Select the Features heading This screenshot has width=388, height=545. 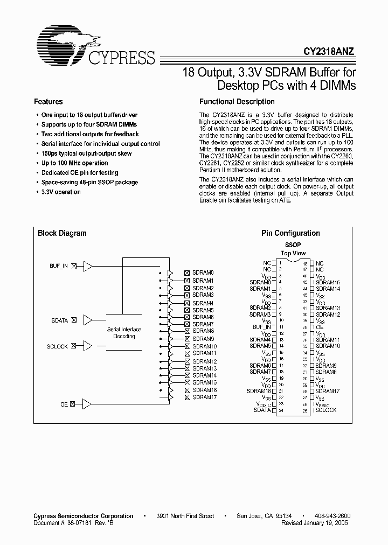point(48,101)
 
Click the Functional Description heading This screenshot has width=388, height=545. point(237,101)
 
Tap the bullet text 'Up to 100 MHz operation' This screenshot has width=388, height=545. point(74,163)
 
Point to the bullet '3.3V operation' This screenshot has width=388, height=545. point(61,192)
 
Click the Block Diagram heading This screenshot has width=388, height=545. point(62,233)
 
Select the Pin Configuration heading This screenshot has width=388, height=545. point(290,233)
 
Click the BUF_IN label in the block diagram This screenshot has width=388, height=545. point(59,266)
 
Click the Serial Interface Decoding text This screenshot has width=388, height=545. point(124,332)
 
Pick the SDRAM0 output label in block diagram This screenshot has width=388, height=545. point(203,273)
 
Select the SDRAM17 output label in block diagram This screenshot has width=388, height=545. point(204,397)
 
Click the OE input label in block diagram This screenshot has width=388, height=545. point(64,404)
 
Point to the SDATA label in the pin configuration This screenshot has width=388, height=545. point(262,410)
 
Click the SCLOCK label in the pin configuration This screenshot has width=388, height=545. point(325,410)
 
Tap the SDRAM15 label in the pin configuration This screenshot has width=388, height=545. point(328,282)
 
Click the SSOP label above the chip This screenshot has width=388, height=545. point(293,244)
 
